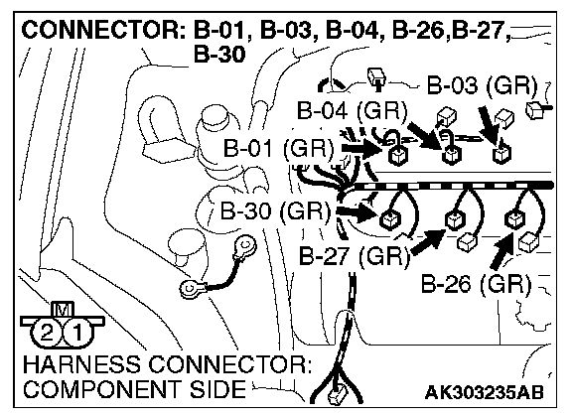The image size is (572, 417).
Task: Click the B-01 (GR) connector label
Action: pyautogui.click(x=278, y=149)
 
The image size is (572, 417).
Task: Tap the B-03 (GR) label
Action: pyautogui.click(x=482, y=86)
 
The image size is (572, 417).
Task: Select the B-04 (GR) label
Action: pyautogui.click(x=352, y=110)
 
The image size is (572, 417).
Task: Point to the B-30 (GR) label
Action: pyautogui.click(x=275, y=211)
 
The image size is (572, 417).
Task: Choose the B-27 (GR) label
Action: pyautogui.click(x=355, y=256)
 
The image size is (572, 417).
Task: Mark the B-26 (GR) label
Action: pyautogui.click(x=477, y=284)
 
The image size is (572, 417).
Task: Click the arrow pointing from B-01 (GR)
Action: pyautogui.click(x=362, y=149)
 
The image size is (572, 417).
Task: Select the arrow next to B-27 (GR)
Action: pyautogui.click(x=428, y=241)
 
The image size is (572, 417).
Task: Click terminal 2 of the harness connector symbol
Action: pyautogui.click(x=47, y=333)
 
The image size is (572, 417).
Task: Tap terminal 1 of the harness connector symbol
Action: pyautogui.click(x=77, y=333)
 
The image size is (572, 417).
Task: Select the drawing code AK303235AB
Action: pyautogui.click(x=484, y=392)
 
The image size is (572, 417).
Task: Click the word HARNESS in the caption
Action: pyautogui.click(x=81, y=364)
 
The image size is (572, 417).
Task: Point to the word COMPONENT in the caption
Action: pyautogui.click(x=103, y=389)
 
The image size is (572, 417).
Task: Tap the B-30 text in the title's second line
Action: pyautogui.click(x=219, y=55)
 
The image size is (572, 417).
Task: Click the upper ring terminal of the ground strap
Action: pyautogui.click(x=244, y=246)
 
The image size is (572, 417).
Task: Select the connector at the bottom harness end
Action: pyautogui.click(x=336, y=396)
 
